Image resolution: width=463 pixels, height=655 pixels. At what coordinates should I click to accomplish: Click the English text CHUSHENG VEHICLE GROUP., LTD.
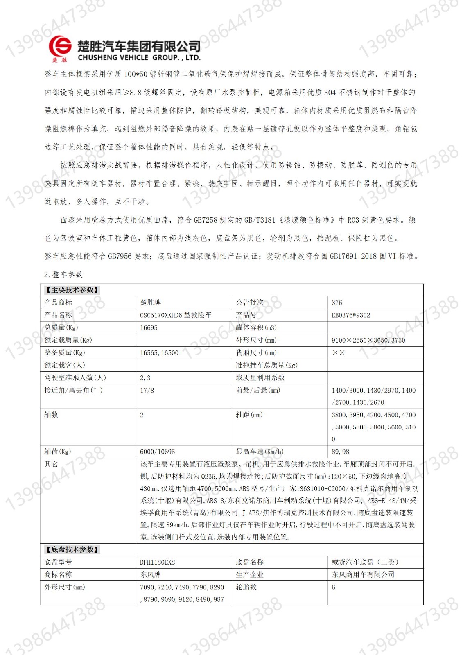[139, 58]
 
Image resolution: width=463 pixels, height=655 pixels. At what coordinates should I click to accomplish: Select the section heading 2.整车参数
[63, 274]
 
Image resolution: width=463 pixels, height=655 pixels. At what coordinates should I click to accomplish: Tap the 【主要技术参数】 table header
[72, 290]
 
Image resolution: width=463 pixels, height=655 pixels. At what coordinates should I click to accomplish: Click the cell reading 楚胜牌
[151, 303]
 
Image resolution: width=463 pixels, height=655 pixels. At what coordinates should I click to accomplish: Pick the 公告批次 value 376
[337, 303]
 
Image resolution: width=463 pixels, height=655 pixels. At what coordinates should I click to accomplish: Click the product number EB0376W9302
[351, 315]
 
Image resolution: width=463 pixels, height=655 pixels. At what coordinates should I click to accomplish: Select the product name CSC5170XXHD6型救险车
[176, 315]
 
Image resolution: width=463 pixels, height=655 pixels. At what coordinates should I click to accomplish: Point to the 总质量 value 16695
[149, 328]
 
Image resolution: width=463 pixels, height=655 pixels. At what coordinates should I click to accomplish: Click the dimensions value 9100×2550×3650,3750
[368, 340]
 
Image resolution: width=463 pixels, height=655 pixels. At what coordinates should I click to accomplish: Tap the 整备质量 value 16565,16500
[159, 353]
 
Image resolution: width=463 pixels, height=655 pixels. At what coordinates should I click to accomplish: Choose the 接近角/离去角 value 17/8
[147, 391]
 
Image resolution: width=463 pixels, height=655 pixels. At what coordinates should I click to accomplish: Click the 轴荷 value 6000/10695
[157, 452]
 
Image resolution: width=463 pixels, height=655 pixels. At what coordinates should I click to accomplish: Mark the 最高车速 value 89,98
[340, 452]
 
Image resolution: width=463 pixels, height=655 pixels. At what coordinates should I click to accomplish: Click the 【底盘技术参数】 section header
[72, 550]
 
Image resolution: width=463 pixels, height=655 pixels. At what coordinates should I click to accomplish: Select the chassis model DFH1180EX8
[157, 562]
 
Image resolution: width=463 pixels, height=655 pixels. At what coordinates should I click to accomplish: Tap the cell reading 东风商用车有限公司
[363, 575]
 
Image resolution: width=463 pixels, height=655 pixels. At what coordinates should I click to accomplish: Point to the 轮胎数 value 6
[333, 587]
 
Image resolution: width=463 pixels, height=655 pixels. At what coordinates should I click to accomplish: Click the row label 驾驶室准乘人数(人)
[75, 378]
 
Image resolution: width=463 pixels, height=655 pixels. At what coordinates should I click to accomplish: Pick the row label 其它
[51, 464]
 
